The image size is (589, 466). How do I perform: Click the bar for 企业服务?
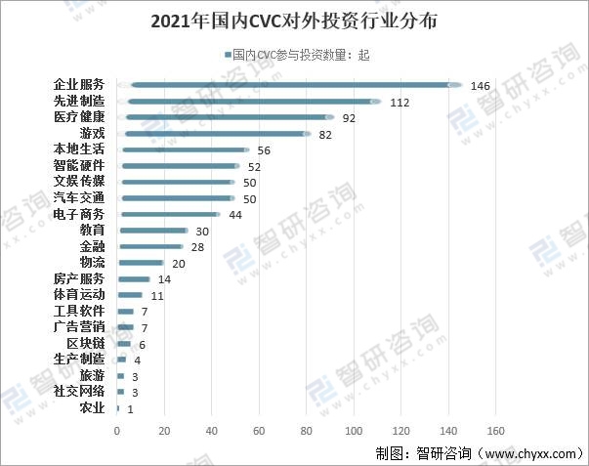click(x=289, y=85)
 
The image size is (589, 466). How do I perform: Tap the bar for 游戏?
click(x=214, y=133)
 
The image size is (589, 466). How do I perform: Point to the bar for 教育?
click(x=152, y=231)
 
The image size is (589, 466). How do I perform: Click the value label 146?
click(x=480, y=86)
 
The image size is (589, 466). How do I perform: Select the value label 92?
click(x=350, y=118)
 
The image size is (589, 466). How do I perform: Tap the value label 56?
click(x=264, y=150)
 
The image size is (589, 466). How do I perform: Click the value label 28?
click(x=197, y=247)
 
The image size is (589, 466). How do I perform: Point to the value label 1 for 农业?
click(x=130, y=408)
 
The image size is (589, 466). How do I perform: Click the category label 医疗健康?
click(x=79, y=117)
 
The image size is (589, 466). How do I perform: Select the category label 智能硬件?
click(x=79, y=166)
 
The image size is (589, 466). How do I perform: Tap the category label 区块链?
click(x=85, y=343)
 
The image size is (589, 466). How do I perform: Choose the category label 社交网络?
click(x=79, y=391)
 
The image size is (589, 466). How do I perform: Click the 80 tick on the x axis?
click(x=307, y=431)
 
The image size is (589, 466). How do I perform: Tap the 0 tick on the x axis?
click(x=117, y=431)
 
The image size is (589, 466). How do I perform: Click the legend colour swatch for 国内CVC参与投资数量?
click(x=226, y=56)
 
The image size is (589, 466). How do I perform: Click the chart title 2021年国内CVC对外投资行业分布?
click(x=295, y=21)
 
